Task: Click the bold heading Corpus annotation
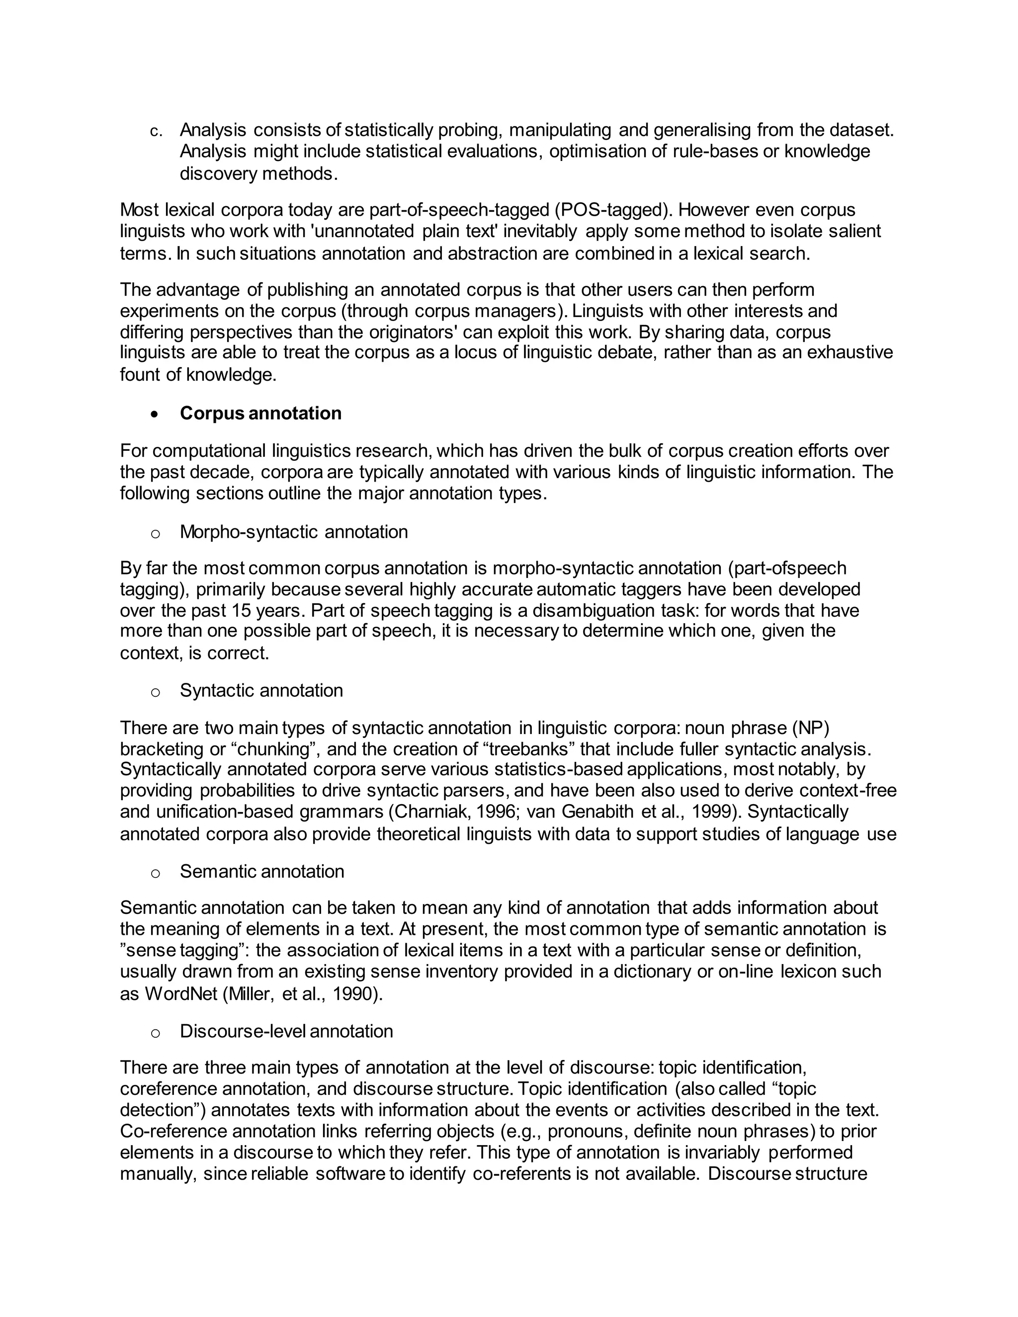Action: coord(260,413)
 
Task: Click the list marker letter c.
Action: coord(156,132)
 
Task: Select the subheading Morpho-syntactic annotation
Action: coord(294,532)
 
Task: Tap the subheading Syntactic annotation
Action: coord(261,690)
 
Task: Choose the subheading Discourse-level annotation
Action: coord(286,1031)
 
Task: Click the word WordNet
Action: coord(181,994)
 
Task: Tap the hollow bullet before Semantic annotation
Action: coord(156,873)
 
